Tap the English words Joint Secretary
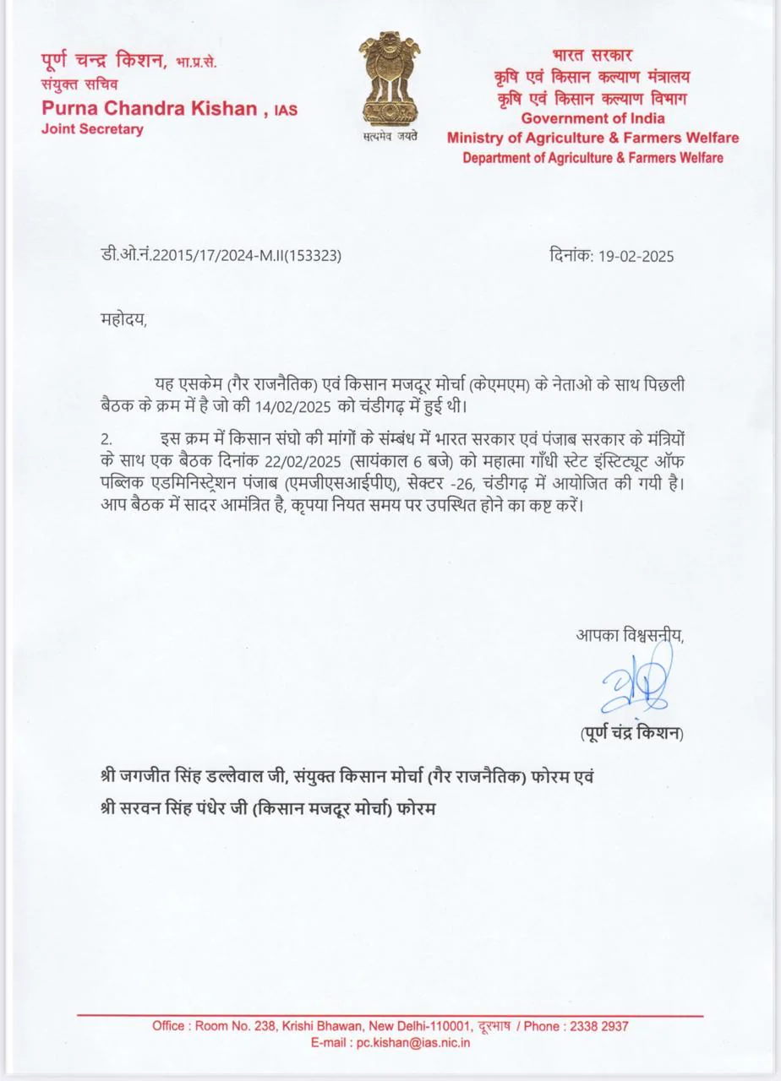point(92,129)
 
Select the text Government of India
point(593,118)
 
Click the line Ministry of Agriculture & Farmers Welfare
point(593,138)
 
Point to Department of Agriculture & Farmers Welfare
point(593,158)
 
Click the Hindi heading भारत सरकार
point(593,57)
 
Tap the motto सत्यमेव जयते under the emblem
point(390,135)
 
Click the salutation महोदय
point(122,320)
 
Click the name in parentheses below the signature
point(632,733)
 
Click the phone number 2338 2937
point(598,1026)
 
